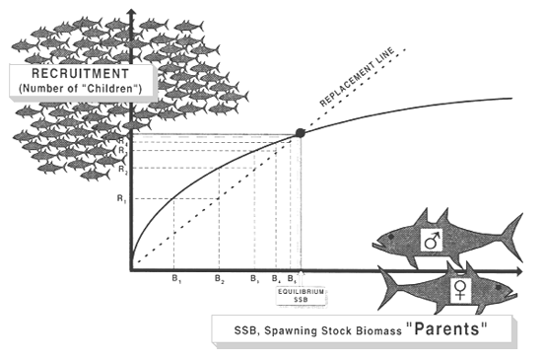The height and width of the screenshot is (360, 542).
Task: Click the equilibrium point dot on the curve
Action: [x=301, y=132]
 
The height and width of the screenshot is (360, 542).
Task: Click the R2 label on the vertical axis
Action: [x=121, y=170]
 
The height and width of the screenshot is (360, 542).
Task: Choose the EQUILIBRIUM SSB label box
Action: [x=301, y=296]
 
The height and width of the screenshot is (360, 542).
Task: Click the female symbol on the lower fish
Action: [x=459, y=289]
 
